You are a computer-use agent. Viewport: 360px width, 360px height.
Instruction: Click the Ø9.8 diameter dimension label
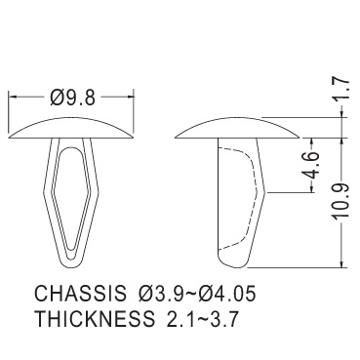click(x=73, y=98)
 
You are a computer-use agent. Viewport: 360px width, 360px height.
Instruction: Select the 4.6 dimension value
click(x=311, y=165)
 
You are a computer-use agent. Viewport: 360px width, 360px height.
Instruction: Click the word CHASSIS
click(x=80, y=293)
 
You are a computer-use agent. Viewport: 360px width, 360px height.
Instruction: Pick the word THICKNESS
click(x=95, y=318)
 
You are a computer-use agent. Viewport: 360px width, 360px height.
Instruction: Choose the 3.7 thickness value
click(x=225, y=319)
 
